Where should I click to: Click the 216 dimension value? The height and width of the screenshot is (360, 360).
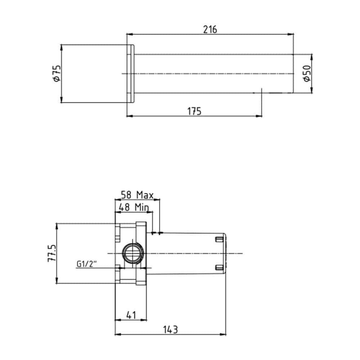(210, 30)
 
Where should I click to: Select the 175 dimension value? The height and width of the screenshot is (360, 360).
(194, 111)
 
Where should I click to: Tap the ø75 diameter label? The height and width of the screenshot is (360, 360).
(57, 73)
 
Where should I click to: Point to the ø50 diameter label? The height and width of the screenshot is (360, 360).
(307, 73)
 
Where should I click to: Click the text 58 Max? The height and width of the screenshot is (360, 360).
(137, 195)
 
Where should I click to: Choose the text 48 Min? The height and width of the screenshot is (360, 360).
(134, 207)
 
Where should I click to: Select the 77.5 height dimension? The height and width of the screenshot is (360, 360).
(52, 253)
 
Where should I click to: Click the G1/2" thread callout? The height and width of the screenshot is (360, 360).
(86, 264)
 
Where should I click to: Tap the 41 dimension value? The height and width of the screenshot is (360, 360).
(131, 315)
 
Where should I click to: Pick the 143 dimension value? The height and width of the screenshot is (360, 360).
(170, 330)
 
